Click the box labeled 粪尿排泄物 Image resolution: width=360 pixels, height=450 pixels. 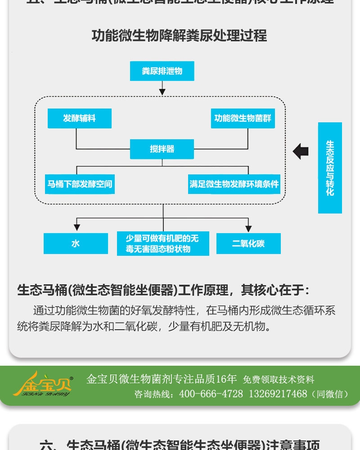(x=162, y=71)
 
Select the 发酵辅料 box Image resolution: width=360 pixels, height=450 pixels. (x=79, y=118)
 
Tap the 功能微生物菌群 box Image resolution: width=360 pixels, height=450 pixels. (x=243, y=118)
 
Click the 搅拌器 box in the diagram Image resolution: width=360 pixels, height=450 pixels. (x=162, y=149)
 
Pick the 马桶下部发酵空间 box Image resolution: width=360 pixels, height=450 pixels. (x=80, y=184)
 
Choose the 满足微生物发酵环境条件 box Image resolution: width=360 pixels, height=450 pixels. (x=234, y=184)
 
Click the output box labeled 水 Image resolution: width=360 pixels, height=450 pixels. (x=76, y=243)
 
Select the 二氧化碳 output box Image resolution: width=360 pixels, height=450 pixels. (x=248, y=243)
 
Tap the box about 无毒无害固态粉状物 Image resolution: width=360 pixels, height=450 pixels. (x=163, y=244)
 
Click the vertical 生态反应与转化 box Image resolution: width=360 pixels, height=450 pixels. (x=330, y=168)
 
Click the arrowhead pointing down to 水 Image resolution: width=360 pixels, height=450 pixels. (x=77, y=228)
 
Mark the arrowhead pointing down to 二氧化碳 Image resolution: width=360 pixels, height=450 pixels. (x=248, y=228)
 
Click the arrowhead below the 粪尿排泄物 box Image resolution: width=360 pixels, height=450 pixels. (x=162, y=92)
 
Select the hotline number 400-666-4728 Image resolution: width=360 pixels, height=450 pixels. (x=211, y=394)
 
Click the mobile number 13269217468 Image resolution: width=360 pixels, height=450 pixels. (x=278, y=394)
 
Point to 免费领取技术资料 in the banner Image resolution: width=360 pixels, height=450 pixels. (x=279, y=380)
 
